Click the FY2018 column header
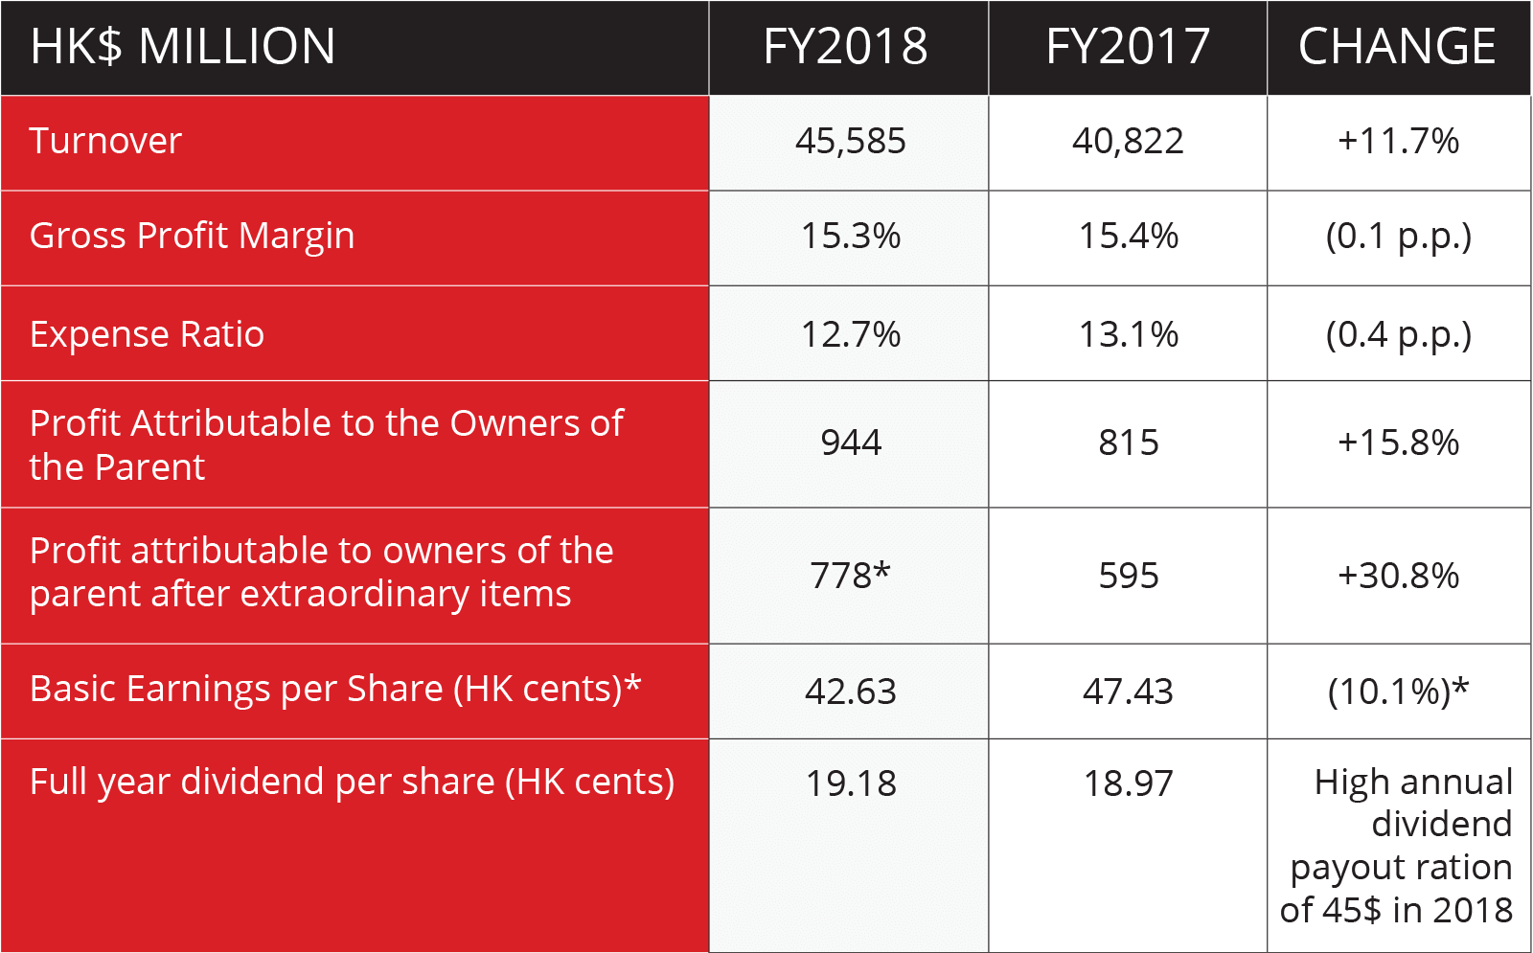pyautogui.click(x=846, y=47)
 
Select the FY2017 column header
pyautogui.click(x=1128, y=47)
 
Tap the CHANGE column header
pyautogui.click(x=1397, y=47)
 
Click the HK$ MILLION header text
pyautogui.click(x=183, y=47)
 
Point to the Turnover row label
pyautogui.click(x=105, y=142)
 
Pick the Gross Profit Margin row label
pyautogui.click(x=192, y=237)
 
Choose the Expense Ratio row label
pyautogui.click(x=147, y=335)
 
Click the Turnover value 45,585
pyautogui.click(x=850, y=142)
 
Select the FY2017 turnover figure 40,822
pyautogui.click(x=1128, y=142)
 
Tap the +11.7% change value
pyautogui.click(x=1398, y=142)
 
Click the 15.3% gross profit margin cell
pyautogui.click(x=850, y=237)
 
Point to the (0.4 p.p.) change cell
pyautogui.click(x=1398, y=335)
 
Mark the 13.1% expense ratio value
pyautogui.click(x=1128, y=335)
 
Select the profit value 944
pyautogui.click(x=850, y=443)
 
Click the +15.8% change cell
pyautogui.click(x=1398, y=443)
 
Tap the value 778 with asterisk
pyautogui.click(x=850, y=576)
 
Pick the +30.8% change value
pyautogui.click(x=1398, y=576)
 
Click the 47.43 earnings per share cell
pyautogui.click(x=1128, y=692)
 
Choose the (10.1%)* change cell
pyautogui.click(x=1398, y=692)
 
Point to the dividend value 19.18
pyautogui.click(x=850, y=783)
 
